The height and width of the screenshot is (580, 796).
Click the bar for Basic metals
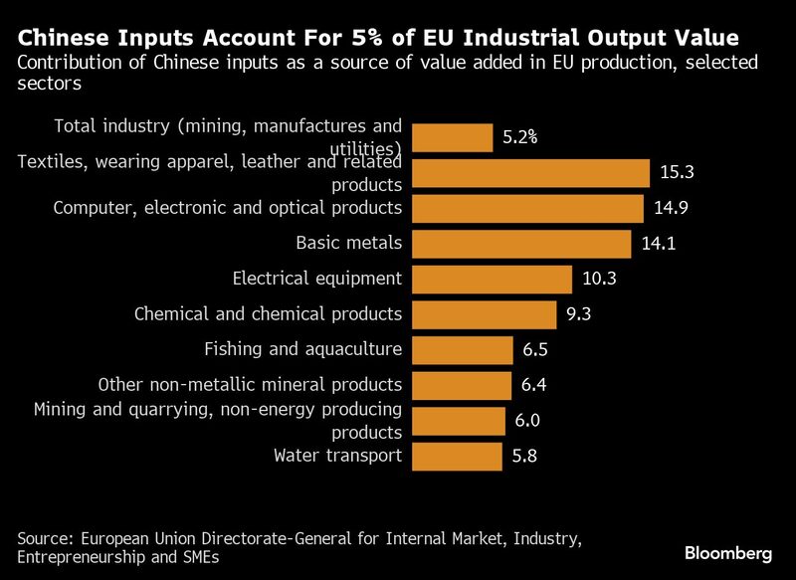(x=520, y=244)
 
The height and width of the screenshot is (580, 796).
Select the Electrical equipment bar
(x=492, y=280)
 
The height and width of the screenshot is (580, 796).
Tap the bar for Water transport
(x=457, y=457)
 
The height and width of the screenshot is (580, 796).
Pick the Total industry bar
(x=452, y=137)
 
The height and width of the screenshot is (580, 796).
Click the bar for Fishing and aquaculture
(x=462, y=350)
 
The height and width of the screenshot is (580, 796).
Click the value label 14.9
(x=670, y=208)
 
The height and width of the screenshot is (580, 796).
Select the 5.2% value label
(x=519, y=137)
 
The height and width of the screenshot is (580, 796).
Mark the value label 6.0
(x=527, y=421)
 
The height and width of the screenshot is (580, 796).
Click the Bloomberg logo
(x=729, y=552)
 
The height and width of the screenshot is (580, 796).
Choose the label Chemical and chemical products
(x=268, y=314)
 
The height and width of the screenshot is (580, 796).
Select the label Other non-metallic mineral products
(x=250, y=385)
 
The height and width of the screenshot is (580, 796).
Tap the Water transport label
(x=337, y=457)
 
